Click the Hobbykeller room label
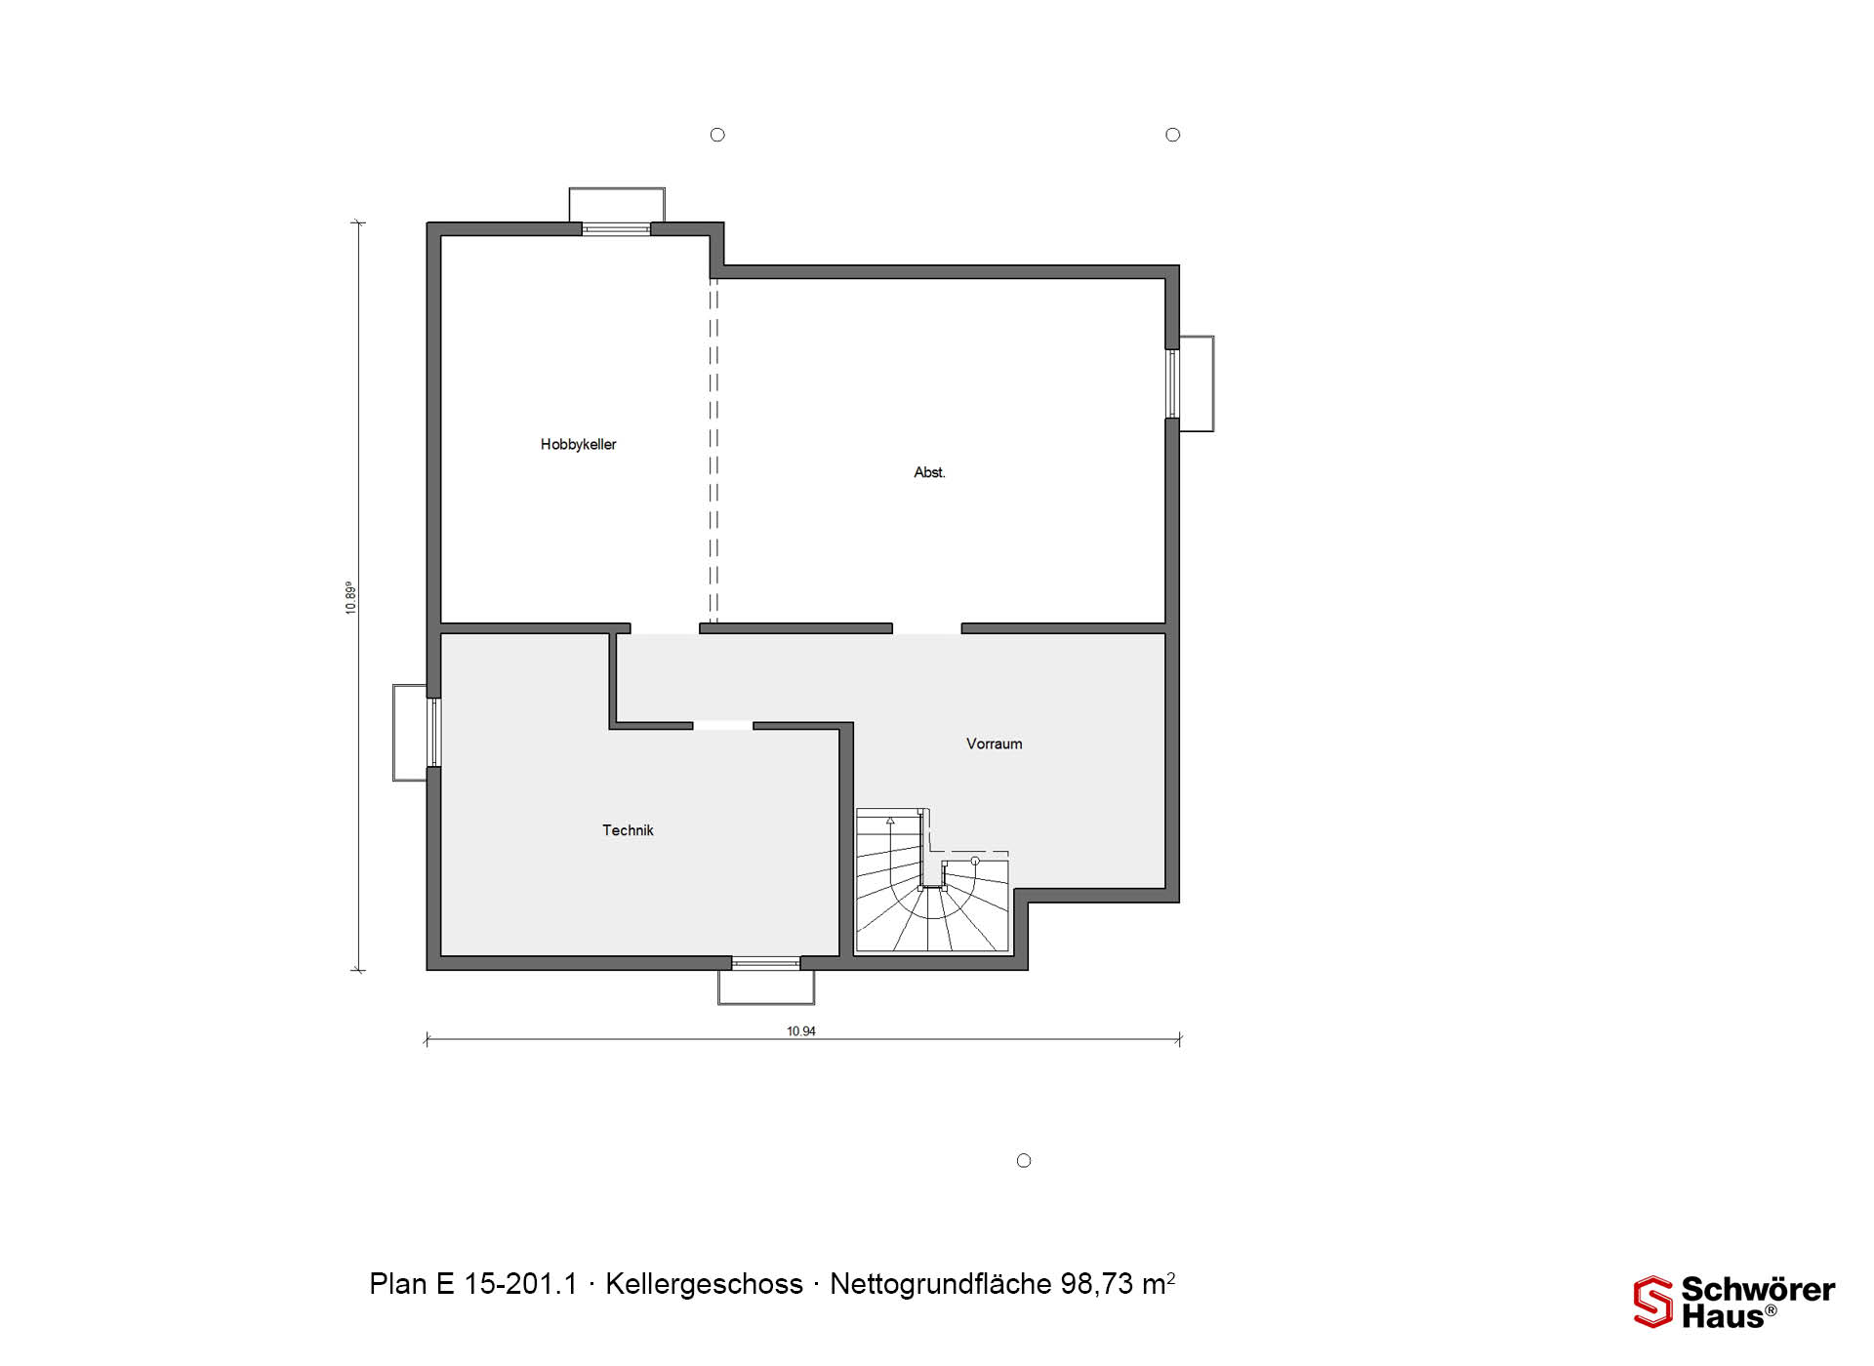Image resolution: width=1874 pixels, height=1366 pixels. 578,444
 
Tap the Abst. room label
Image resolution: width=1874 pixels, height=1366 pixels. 929,472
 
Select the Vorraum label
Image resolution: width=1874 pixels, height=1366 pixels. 994,743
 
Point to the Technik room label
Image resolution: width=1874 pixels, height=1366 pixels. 628,830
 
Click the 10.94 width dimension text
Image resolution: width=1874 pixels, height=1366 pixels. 801,1030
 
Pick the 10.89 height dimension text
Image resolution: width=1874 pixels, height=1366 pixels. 350,597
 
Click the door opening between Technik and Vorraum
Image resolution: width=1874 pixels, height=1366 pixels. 722,726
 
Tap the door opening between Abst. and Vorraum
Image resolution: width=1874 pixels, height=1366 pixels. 926,629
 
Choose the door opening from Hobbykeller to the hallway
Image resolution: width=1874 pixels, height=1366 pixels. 665,629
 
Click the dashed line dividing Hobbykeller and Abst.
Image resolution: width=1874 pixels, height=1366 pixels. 713,451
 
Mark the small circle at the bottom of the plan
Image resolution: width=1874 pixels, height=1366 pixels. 1024,1160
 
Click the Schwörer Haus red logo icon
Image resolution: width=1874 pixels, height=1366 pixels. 1652,1302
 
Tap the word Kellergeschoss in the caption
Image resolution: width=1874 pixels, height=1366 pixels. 704,1284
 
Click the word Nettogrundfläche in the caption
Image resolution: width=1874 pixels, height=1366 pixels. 940,1284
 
